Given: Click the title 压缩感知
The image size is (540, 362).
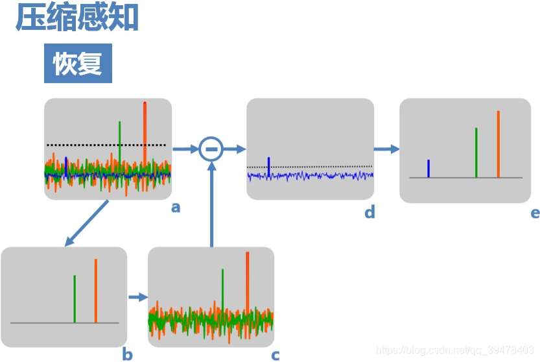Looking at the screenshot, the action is point(77,18).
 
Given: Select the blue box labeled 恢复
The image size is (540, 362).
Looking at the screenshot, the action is point(78,64).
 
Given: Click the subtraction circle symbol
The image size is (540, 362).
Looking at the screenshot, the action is point(210,149).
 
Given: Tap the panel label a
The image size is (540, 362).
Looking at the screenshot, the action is point(175,208).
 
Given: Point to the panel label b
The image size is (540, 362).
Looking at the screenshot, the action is point(127,354).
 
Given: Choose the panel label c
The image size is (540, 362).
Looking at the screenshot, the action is point(276,354).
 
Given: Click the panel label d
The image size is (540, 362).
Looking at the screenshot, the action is point(370,212).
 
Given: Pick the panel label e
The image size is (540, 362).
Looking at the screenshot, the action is point(535,212).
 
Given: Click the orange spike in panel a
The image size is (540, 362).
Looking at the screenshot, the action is point(145,130).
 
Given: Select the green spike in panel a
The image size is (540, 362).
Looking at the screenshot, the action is point(120,139).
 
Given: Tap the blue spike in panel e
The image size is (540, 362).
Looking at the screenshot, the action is point(428,168).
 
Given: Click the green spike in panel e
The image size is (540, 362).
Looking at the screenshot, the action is point(476,152).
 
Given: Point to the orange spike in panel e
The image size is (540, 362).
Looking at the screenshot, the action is point(499,143).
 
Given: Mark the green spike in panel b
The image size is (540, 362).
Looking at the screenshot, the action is point(75,298).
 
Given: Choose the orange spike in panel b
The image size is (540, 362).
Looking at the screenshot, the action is point(95,290).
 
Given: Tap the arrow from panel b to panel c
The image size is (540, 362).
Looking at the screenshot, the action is point(137,297).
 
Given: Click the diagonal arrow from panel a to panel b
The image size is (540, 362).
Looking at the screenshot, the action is point(88,223).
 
